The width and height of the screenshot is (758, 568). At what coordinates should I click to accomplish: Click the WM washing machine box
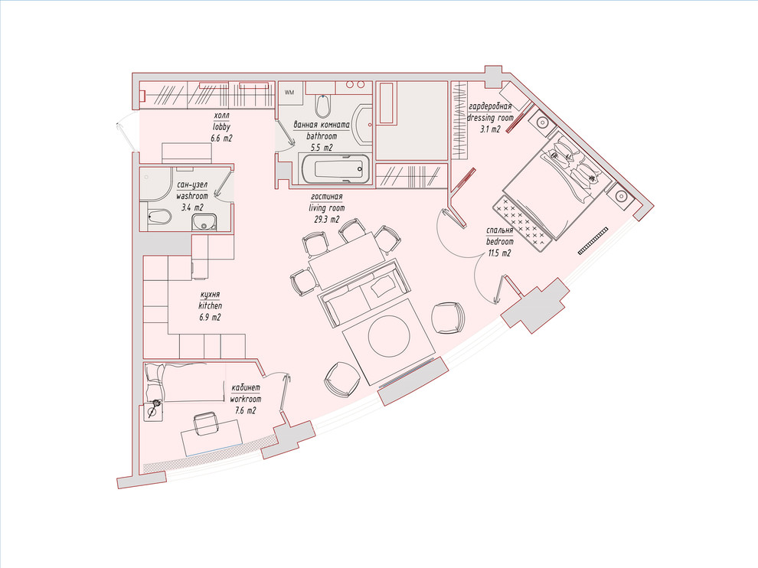290,93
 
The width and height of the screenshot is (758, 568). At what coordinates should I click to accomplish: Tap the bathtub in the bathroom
338,169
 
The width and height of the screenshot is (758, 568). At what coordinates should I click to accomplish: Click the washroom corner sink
204,222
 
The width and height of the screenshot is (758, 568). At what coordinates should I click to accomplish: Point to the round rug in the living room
389,336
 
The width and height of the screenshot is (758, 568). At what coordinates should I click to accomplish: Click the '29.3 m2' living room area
326,219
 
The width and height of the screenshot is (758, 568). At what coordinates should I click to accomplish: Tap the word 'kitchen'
211,305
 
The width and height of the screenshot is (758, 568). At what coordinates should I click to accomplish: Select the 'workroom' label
245,400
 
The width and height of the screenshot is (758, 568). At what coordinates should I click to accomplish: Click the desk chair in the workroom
205,423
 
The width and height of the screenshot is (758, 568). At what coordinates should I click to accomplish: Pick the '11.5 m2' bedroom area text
498,253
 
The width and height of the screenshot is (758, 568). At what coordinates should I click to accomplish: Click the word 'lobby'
221,126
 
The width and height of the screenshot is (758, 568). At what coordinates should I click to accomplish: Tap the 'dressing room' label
490,117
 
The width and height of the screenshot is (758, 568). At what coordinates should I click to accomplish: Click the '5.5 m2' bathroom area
321,148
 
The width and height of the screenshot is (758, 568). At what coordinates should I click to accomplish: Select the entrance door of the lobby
126,132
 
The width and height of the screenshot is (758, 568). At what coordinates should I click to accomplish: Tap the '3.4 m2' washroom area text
192,208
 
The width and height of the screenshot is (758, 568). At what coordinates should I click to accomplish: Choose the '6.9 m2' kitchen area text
210,317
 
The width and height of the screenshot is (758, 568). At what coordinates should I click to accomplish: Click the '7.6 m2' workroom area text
245,411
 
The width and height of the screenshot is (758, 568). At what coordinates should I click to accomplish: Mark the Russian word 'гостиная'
327,196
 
